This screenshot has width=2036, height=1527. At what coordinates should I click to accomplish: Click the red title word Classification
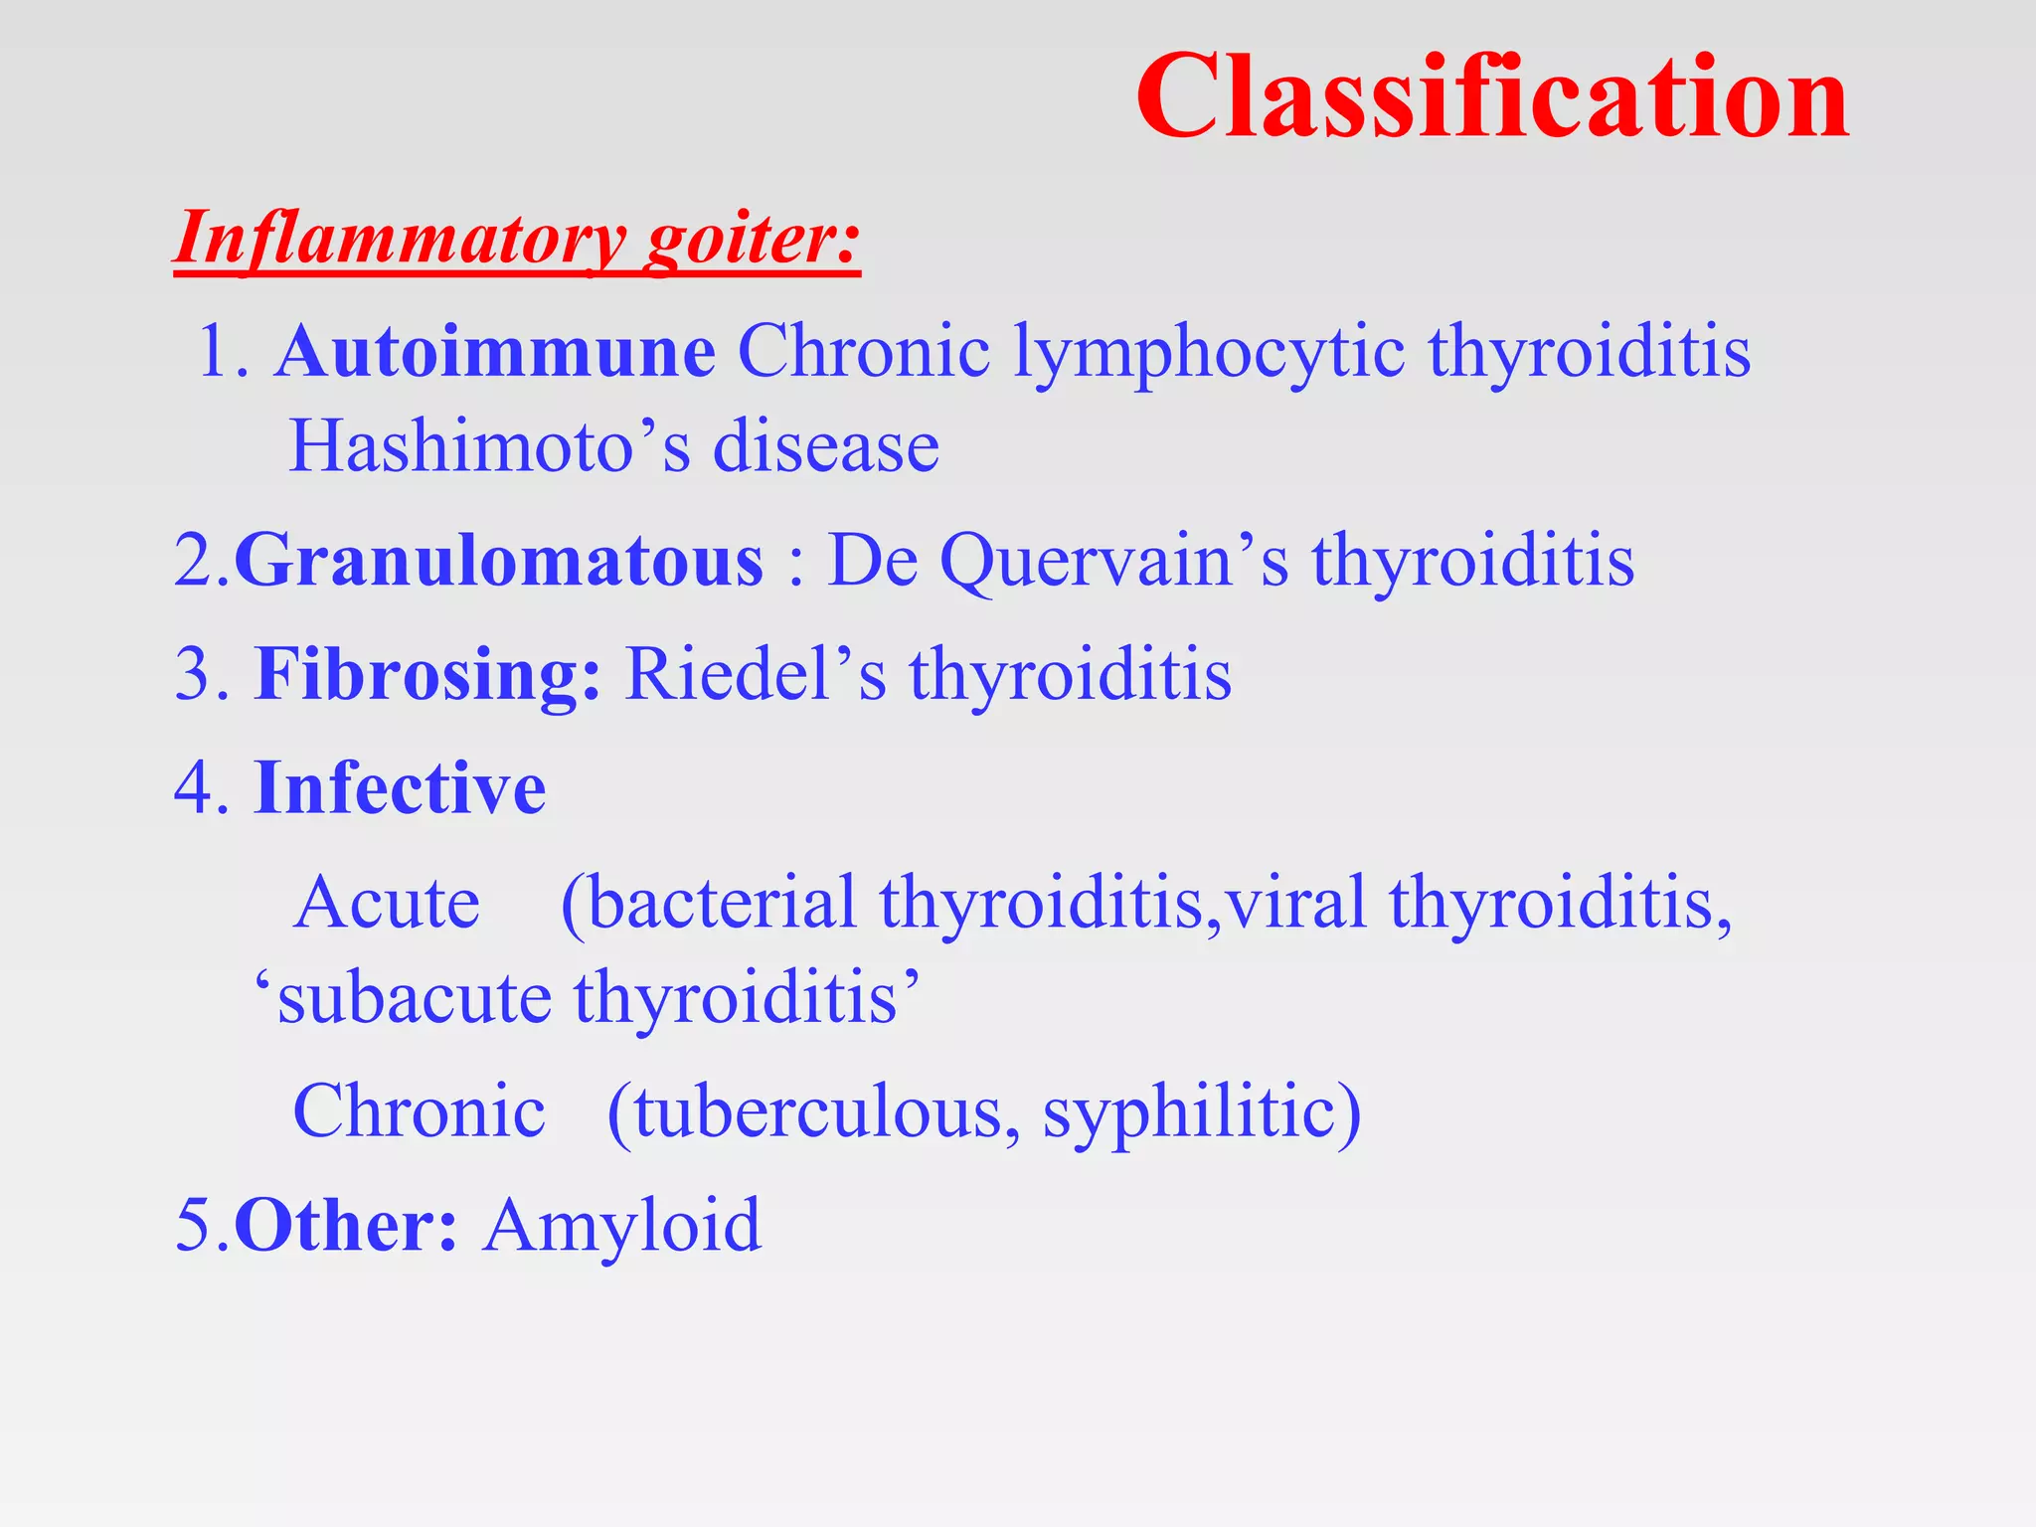coord(1491,97)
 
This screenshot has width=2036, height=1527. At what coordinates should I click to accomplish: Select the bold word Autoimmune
coord(495,352)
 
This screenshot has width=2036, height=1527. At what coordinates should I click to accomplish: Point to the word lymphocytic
coord(1209,354)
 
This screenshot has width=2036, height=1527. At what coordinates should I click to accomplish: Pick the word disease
coord(825,446)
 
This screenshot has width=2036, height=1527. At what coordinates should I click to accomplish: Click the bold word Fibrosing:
coord(427,674)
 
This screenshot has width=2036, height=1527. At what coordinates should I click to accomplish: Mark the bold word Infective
coord(400,787)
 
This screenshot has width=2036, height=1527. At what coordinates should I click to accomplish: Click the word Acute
coord(387,903)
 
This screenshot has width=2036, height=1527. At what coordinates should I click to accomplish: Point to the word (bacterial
coord(708,903)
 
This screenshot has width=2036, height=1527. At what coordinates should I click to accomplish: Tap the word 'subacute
coord(403,998)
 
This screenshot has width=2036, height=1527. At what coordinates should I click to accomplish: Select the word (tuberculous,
coord(813,1111)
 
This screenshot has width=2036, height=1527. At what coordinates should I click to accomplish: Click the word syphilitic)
coord(1201,1111)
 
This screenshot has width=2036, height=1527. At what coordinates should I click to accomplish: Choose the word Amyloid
coord(622,1225)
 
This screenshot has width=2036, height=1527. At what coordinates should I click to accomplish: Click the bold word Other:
coord(346,1225)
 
